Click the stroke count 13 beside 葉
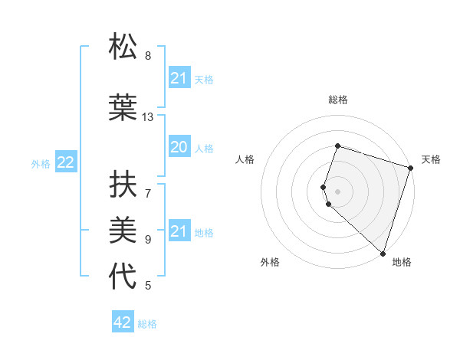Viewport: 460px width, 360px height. point(148,117)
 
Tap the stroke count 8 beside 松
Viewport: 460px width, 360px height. point(148,56)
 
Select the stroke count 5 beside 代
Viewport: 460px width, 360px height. point(148,286)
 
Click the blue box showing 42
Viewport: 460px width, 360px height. point(123,322)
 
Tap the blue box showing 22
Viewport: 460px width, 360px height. point(66,162)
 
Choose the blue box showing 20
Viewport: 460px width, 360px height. point(179,147)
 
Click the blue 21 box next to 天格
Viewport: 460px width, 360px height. point(179,78)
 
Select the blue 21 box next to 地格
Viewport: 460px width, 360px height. point(179,231)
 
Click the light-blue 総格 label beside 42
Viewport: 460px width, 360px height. point(147,324)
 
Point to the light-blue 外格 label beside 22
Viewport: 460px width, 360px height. point(40,163)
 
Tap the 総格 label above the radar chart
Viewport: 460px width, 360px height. point(338,100)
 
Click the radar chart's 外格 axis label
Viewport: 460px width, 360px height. point(270,262)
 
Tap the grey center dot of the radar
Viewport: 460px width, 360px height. point(338,191)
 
